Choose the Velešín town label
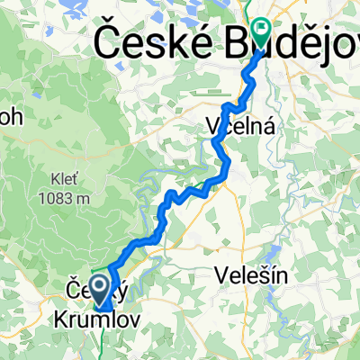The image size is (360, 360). [252, 276]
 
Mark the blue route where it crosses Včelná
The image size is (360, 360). [227, 135]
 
